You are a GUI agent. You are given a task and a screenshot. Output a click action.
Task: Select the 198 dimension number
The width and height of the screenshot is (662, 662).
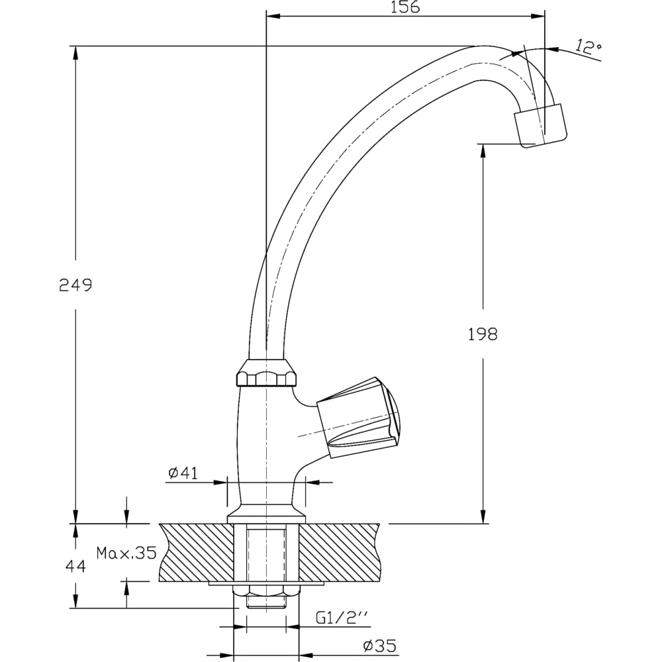[483, 334]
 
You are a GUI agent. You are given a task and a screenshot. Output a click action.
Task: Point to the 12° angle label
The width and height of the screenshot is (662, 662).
[589, 47]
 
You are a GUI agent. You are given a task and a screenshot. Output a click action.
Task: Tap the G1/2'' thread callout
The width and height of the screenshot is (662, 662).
[341, 618]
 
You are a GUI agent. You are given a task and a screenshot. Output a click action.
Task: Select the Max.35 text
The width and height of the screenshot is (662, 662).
[126, 553]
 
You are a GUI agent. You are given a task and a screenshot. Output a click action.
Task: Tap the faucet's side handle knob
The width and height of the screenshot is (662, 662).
[357, 418]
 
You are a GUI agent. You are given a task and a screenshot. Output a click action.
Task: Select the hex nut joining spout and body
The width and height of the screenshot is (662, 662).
[266, 374]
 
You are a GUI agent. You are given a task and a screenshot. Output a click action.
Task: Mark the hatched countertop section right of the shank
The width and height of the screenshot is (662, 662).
[341, 552]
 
